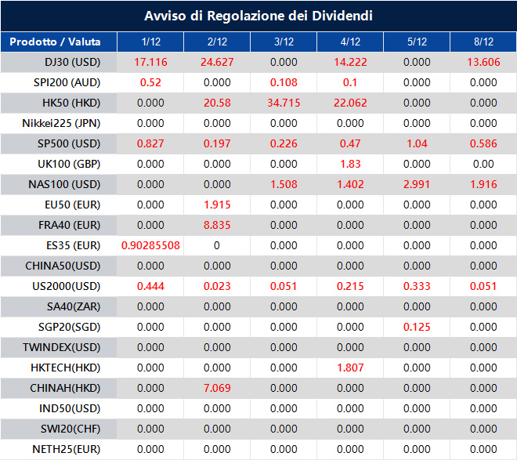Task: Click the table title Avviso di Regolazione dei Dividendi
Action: pyautogui.click(x=258, y=16)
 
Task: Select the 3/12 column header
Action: pyautogui.click(x=284, y=42)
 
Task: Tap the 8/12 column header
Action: pyautogui.click(x=483, y=42)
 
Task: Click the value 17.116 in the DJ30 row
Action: pyautogui.click(x=150, y=62)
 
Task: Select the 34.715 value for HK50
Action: pyautogui.click(x=284, y=103)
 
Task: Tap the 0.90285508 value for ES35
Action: pyautogui.click(x=150, y=245)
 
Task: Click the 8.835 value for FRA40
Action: pyautogui.click(x=217, y=225)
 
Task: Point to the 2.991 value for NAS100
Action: pyautogui.click(x=417, y=184)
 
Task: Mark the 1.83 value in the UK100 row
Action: pyautogui.click(x=350, y=164)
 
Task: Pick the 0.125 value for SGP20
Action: pyautogui.click(x=417, y=327)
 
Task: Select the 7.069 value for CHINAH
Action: pyautogui.click(x=217, y=388)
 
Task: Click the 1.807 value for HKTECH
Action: pyautogui.click(x=350, y=368)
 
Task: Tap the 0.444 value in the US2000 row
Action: pyautogui.click(x=150, y=286)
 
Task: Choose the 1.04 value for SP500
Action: pyautogui.click(x=417, y=143)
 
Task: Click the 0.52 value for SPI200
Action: pyautogui.click(x=150, y=82)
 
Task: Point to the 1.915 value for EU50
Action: pyautogui.click(x=217, y=205)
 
